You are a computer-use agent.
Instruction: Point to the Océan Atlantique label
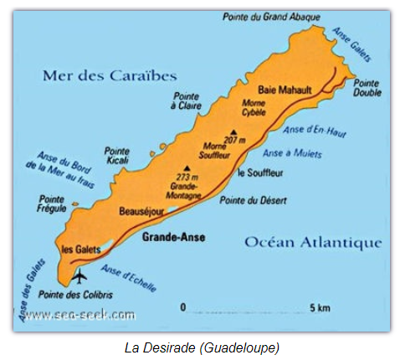313,243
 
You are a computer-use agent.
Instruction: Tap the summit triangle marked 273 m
187,169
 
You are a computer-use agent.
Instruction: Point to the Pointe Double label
368,89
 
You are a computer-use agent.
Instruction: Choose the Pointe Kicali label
117,157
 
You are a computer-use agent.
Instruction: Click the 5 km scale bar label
320,308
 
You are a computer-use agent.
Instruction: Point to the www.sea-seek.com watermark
80,315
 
